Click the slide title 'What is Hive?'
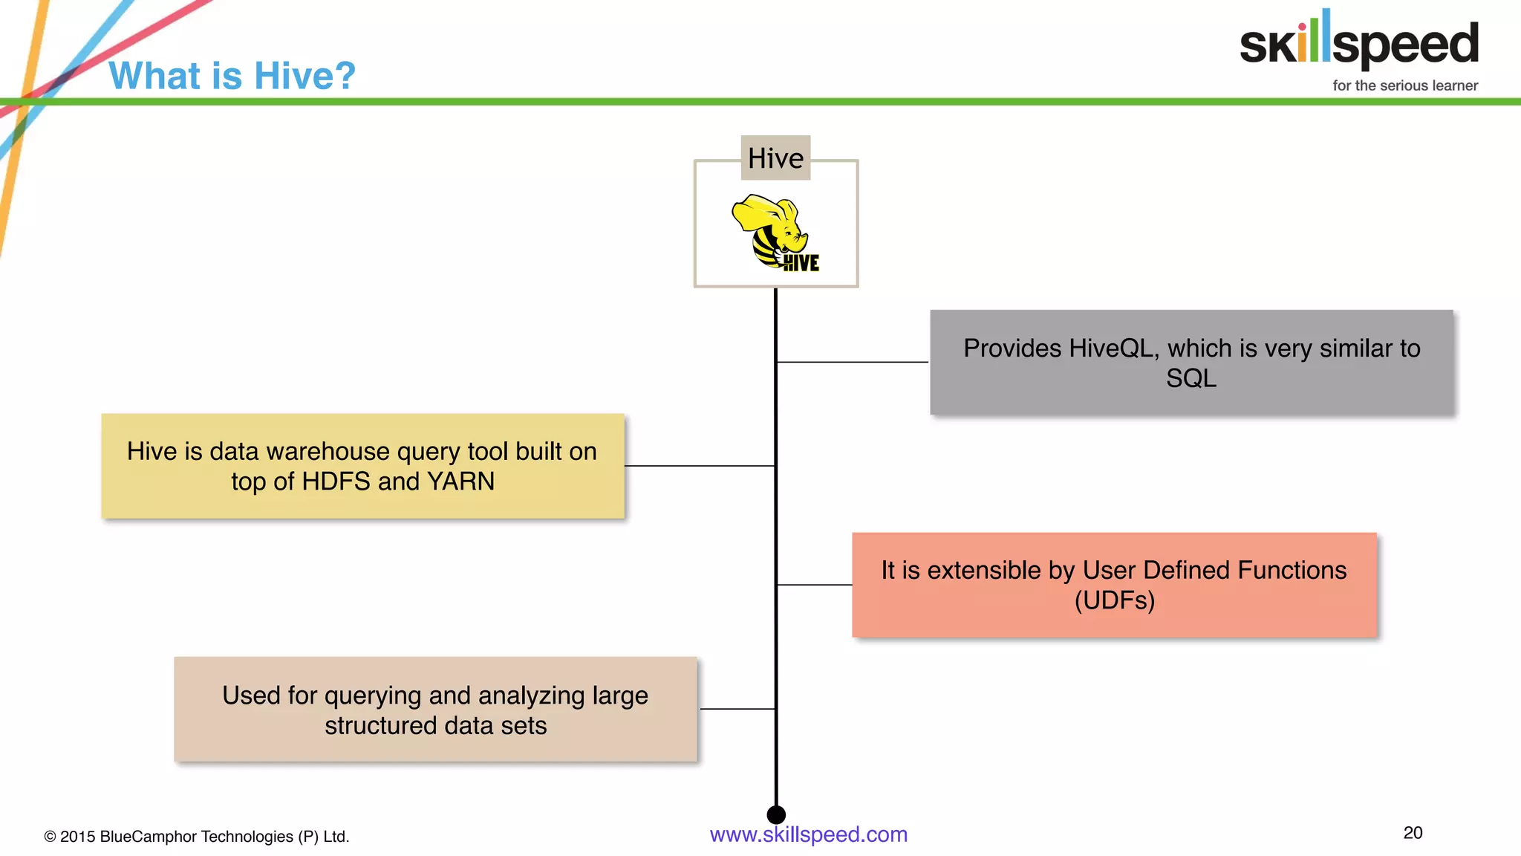point(232,76)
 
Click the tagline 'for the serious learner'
point(1404,85)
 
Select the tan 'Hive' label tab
point(775,158)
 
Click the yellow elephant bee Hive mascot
point(773,231)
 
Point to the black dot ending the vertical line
point(776,814)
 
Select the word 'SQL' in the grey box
point(1191,378)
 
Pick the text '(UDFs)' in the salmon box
point(1114,600)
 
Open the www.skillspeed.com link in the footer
point(808,834)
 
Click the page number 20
point(1413,833)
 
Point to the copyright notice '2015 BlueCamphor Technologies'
point(197,837)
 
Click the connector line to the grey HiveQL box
point(853,362)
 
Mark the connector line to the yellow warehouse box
point(700,466)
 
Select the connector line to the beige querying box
point(737,709)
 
